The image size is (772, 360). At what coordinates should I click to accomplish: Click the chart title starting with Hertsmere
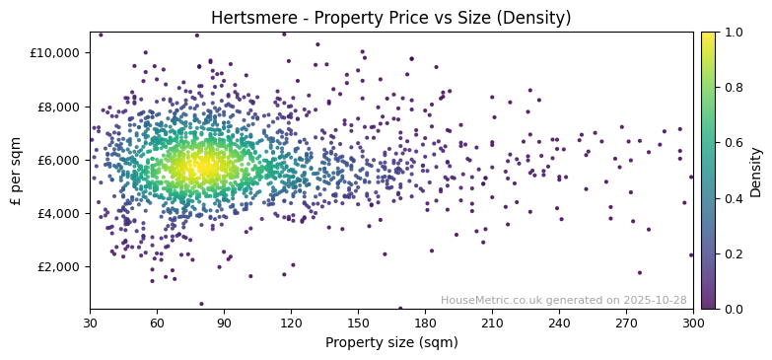tap(390, 18)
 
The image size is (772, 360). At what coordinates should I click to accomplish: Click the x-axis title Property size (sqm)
tap(390, 343)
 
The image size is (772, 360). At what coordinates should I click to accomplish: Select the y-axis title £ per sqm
tap(16, 171)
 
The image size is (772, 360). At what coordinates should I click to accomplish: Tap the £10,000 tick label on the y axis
tap(58, 53)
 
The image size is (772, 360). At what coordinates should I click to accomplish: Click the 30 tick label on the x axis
tap(90, 323)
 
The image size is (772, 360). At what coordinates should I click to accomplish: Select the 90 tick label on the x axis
tap(224, 323)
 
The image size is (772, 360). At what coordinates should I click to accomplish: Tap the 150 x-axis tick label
tap(358, 323)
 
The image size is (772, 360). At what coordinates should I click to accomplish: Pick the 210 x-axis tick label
tap(492, 323)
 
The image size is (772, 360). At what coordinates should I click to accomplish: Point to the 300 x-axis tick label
tap(693, 323)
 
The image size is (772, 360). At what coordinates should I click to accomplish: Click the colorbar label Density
tap(756, 171)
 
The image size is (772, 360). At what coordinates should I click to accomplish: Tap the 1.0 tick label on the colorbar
tap(733, 33)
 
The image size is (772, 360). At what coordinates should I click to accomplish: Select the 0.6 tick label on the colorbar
tap(733, 143)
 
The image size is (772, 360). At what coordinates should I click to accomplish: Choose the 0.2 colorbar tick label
tap(733, 253)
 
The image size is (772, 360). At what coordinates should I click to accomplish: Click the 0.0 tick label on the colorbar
tap(733, 309)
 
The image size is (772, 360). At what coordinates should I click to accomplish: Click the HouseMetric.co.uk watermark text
tap(563, 300)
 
